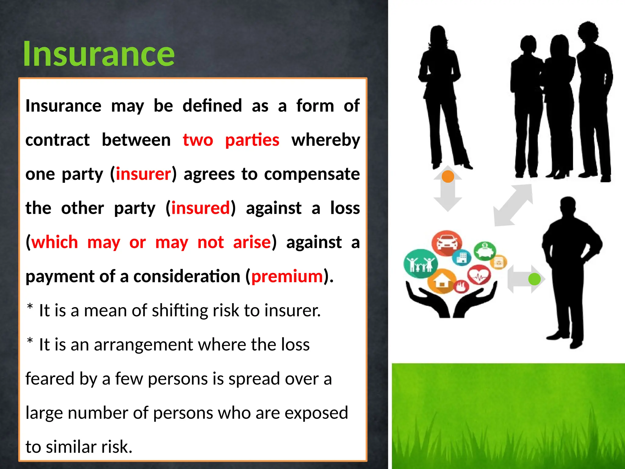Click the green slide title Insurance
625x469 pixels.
(99, 54)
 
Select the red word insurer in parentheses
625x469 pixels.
(143, 174)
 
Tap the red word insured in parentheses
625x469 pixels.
(200, 208)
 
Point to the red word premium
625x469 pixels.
(287, 277)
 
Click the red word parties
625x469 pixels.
(252, 140)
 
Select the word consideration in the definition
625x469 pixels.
(187, 277)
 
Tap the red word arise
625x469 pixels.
(252, 242)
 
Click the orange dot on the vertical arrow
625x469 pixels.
(448, 176)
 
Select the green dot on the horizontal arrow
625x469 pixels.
(534, 279)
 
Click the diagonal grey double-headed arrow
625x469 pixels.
(514, 205)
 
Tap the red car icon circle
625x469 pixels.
(447, 243)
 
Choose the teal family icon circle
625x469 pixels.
(420, 263)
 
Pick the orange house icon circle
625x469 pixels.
(441, 281)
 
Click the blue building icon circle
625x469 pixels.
(462, 257)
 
